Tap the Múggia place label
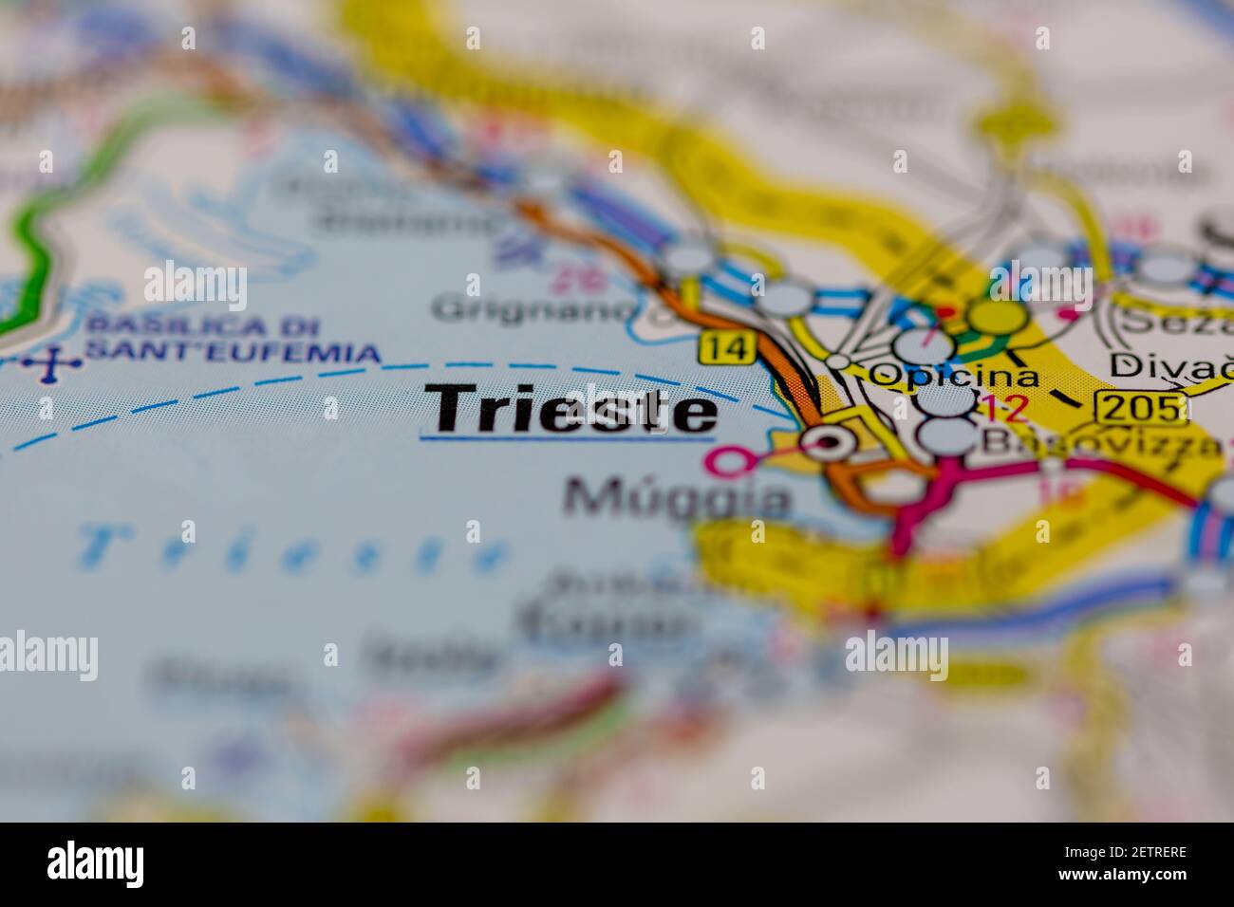[678, 498]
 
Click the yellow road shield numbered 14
[728, 347]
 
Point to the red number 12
[1003, 409]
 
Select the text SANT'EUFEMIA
[232, 353]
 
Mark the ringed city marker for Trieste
[829, 441]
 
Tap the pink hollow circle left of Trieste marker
[726, 463]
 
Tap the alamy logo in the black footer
[96, 863]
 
